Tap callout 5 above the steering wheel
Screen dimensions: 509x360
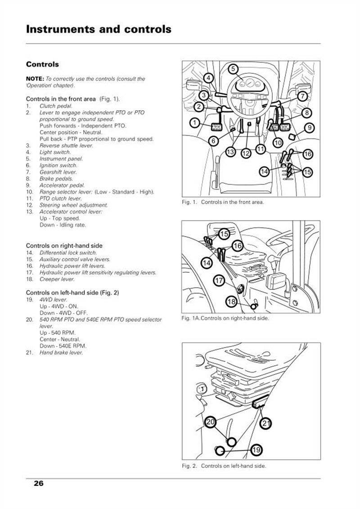[233, 69]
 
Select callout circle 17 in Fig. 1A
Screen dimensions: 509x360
[219, 280]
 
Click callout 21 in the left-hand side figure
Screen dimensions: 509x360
[267, 423]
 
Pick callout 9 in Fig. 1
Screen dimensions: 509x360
[309, 127]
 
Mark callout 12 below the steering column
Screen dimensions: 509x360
[246, 153]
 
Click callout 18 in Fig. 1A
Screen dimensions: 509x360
[231, 302]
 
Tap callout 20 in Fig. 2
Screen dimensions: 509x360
[210, 422]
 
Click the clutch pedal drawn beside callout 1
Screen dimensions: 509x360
[214, 127]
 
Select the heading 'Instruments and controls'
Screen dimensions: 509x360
[99, 29]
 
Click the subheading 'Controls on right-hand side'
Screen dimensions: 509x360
[64, 246]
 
